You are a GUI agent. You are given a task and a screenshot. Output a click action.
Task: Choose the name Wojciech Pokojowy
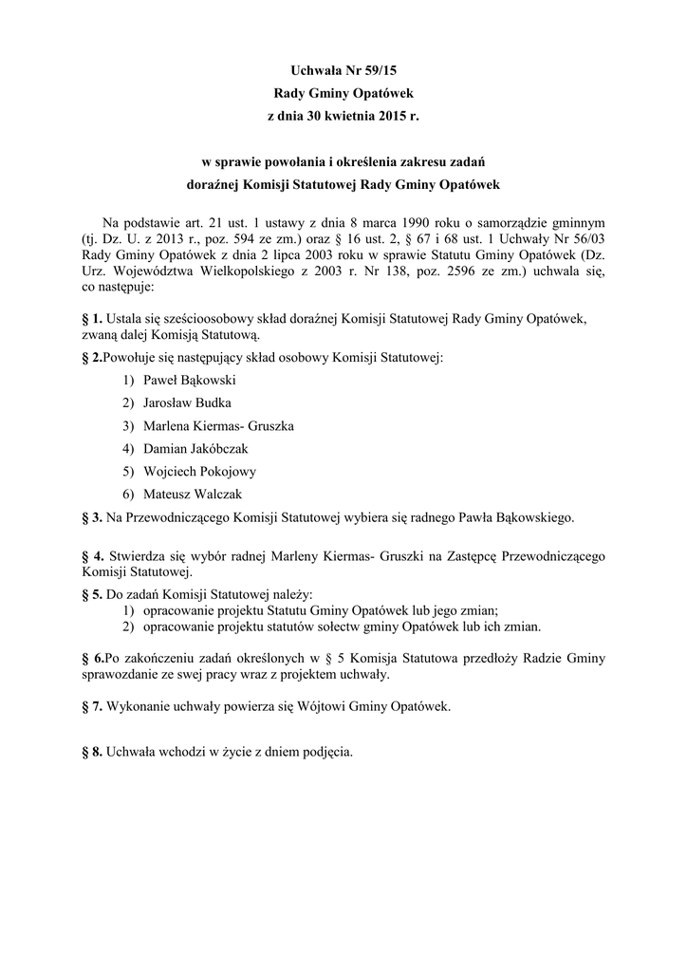[199, 472]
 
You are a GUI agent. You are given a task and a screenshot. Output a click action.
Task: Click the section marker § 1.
[93, 320]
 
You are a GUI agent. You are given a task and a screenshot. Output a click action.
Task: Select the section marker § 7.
[93, 707]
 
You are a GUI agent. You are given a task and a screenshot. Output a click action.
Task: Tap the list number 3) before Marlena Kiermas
[128, 425]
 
